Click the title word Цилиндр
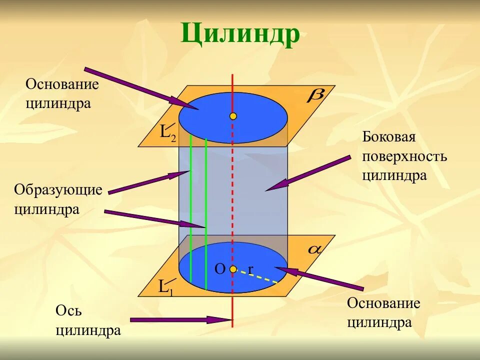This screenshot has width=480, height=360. point(240,33)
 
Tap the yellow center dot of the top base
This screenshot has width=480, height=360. point(233,116)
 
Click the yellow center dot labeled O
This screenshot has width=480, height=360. point(233,269)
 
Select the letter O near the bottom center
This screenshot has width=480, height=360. point(220,269)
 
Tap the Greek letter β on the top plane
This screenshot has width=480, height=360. point(316,95)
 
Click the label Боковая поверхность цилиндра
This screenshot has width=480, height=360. point(404,156)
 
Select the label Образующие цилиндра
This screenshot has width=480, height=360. point(58,199)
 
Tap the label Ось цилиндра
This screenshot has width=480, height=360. point(88,321)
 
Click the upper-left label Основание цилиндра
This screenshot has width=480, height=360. point(62,94)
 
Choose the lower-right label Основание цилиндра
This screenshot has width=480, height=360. point(383,313)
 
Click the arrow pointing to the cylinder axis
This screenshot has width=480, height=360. point(180,319)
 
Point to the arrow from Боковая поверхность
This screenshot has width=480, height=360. point(307,173)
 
